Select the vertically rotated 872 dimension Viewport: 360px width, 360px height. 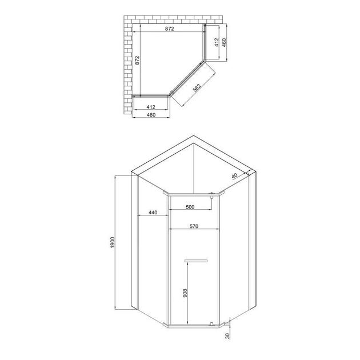point(137,62)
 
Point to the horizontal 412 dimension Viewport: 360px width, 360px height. point(151,107)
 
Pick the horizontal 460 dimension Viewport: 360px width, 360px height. point(151,115)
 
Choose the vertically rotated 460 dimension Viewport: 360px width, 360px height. point(225,43)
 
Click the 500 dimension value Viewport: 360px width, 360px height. point(190,207)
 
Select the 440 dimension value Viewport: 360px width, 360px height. point(153,213)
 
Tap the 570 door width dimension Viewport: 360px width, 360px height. point(194,227)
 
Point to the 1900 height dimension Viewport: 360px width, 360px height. point(114,242)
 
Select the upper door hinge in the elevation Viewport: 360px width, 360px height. point(211,197)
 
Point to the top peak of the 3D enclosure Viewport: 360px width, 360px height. point(194,137)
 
